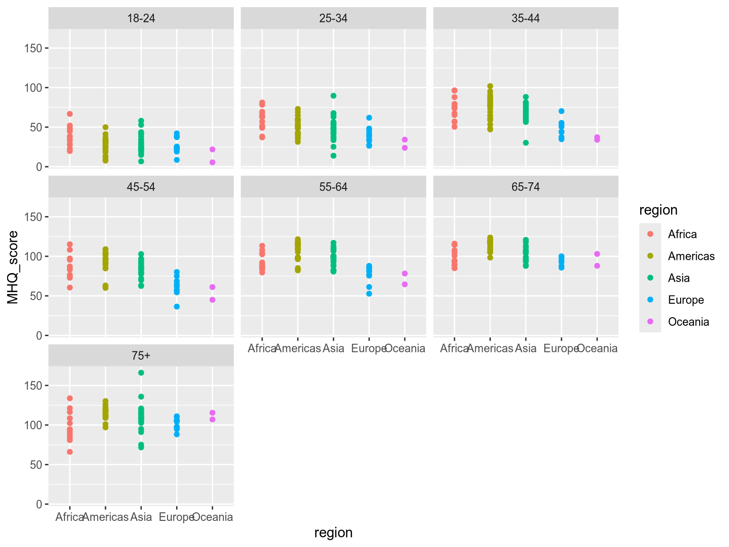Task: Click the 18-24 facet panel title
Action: (x=141, y=19)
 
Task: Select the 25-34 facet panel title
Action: (x=333, y=19)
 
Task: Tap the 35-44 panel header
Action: (x=525, y=19)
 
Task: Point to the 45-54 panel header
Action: (x=141, y=187)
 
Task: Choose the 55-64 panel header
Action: (x=333, y=187)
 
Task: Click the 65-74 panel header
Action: (x=525, y=187)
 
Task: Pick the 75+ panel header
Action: (x=141, y=356)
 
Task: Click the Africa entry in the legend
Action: (x=682, y=234)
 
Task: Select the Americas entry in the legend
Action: (x=691, y=256)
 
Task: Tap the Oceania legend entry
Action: (x=688, y=322)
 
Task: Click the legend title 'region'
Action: (x=658, y=210)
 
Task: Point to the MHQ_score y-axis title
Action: (x=13, y=266)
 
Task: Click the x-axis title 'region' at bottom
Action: (x=333, y=533)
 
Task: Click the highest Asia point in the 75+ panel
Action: (x=141, y=373)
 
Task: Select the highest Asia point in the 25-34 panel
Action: (x=334, y=96)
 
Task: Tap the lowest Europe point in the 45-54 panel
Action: (x=177, y=307)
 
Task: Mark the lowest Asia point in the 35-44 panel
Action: (x=526, y=143)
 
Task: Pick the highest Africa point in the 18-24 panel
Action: (x=70, y=114)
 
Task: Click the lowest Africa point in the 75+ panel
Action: (x=70, y=452)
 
